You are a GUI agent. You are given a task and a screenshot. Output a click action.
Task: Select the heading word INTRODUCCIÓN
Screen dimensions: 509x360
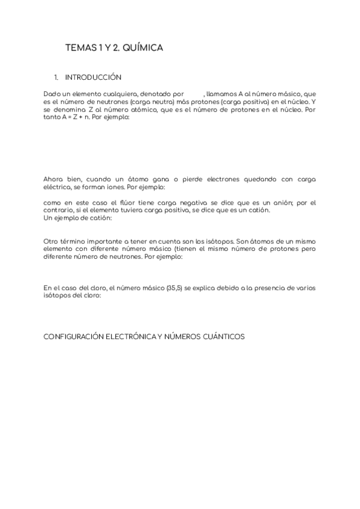93,77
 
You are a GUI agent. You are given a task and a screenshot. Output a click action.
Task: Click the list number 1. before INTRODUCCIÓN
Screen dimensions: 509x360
56,77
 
